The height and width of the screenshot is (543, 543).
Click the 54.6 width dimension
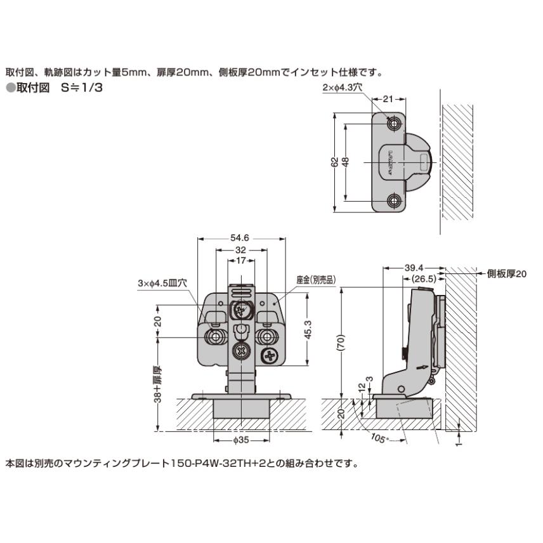[240, 238]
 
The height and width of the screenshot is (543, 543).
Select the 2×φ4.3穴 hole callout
[341, 88]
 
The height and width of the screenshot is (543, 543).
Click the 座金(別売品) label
[315, 279]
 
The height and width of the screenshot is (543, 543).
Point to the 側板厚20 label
[507, 274]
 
